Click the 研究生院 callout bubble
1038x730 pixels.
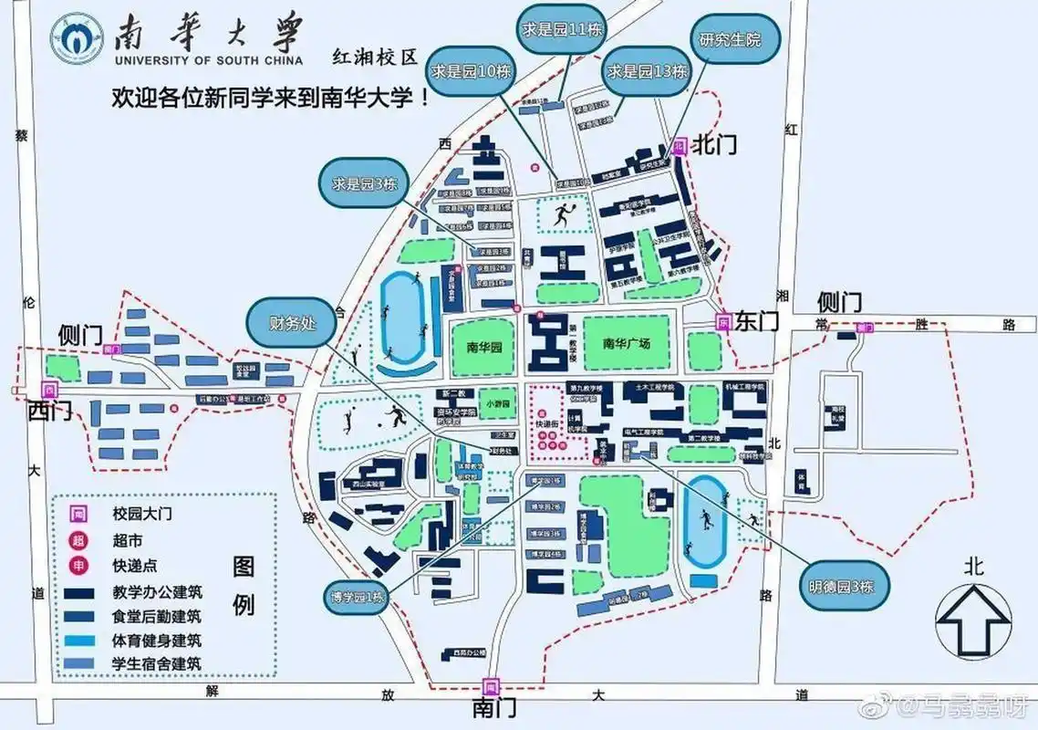click(728, 40)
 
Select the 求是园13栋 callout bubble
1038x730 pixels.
click(647, 70)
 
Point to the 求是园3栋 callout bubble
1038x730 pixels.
click(359, 182)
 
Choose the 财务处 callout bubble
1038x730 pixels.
click(288, 322)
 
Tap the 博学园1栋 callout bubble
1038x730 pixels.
click(358, 599)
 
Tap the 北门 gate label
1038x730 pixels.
click(715, 144)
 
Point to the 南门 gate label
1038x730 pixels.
click(493, 708)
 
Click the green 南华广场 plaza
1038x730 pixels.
click(627, 344)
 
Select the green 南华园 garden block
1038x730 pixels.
click(484, 346)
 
